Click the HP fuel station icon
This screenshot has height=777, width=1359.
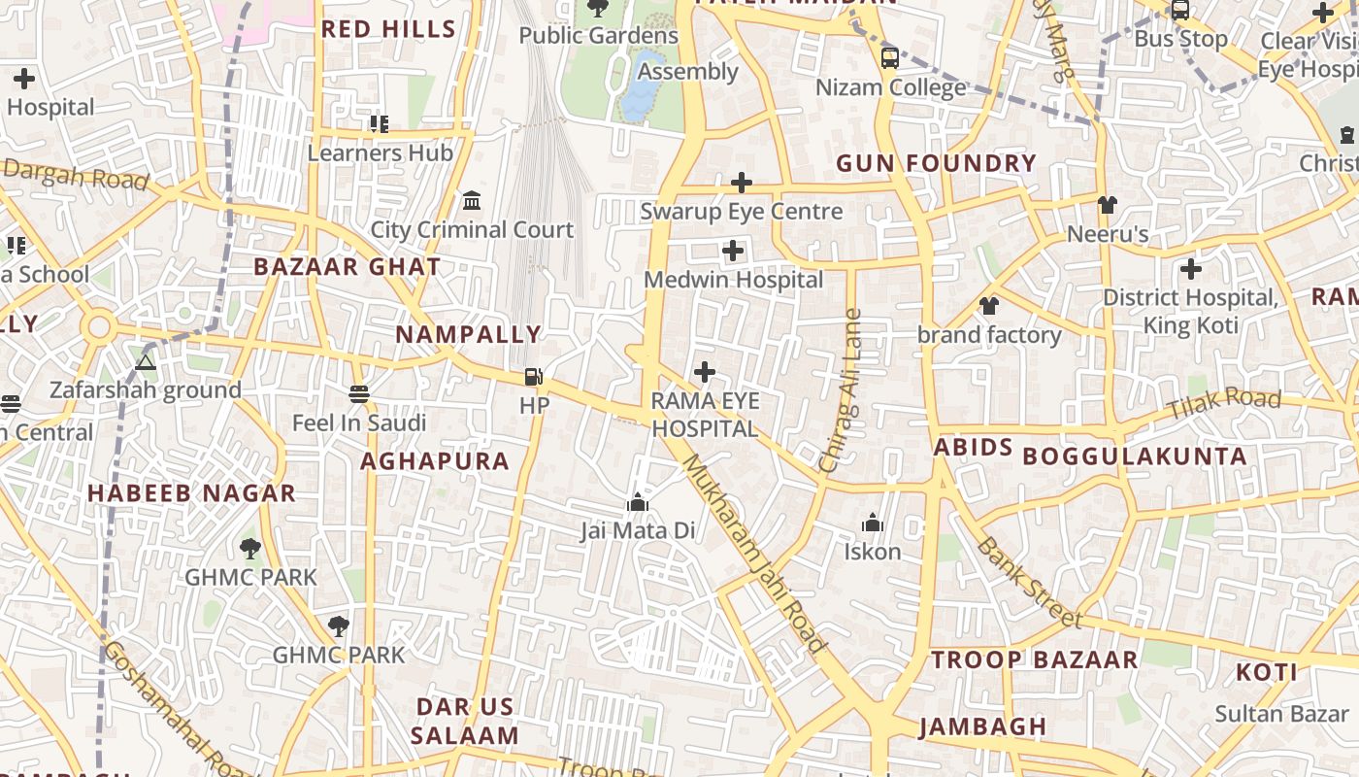[533, 377]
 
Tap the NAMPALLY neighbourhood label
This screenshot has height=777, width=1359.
[468, 335]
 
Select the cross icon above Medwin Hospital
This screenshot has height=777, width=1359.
[733, 252]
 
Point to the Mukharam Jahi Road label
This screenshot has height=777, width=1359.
[753, 554]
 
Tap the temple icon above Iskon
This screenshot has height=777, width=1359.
[873, 524]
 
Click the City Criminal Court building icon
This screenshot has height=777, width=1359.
[472, 201]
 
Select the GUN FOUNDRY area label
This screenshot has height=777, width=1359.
[936, 163]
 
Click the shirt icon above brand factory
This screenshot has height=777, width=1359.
[988, 306]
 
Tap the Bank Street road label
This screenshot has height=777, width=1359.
[1028, 582]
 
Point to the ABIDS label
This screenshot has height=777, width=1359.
[973, 448]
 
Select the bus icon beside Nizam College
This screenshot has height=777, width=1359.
[889, 58]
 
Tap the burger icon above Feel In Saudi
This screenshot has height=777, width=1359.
[359, 394]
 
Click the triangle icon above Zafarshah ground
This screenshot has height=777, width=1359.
[146, 363]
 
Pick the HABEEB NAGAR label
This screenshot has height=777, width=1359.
[191, 493]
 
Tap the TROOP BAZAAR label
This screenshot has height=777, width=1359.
[1034, 660]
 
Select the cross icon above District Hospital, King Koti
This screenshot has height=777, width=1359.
[1190, 269]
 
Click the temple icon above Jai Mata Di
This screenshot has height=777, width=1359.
[638, 502]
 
